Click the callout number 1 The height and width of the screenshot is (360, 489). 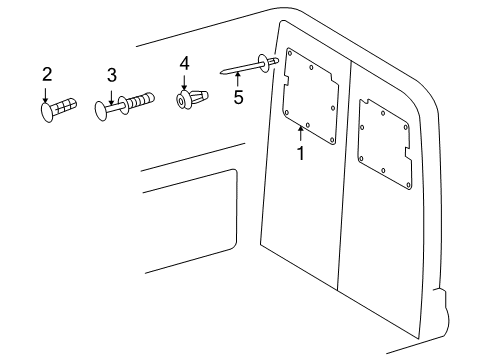tap(298, 153)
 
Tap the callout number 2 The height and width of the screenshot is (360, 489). tap(47, 74)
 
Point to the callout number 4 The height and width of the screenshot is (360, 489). tap(184, 63)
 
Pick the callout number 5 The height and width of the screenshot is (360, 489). tap(238, 98)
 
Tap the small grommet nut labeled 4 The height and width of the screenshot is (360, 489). tap(190, 100)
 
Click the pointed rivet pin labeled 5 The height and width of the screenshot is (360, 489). tap(245, 70)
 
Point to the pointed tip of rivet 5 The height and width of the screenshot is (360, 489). tap(220, 74)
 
